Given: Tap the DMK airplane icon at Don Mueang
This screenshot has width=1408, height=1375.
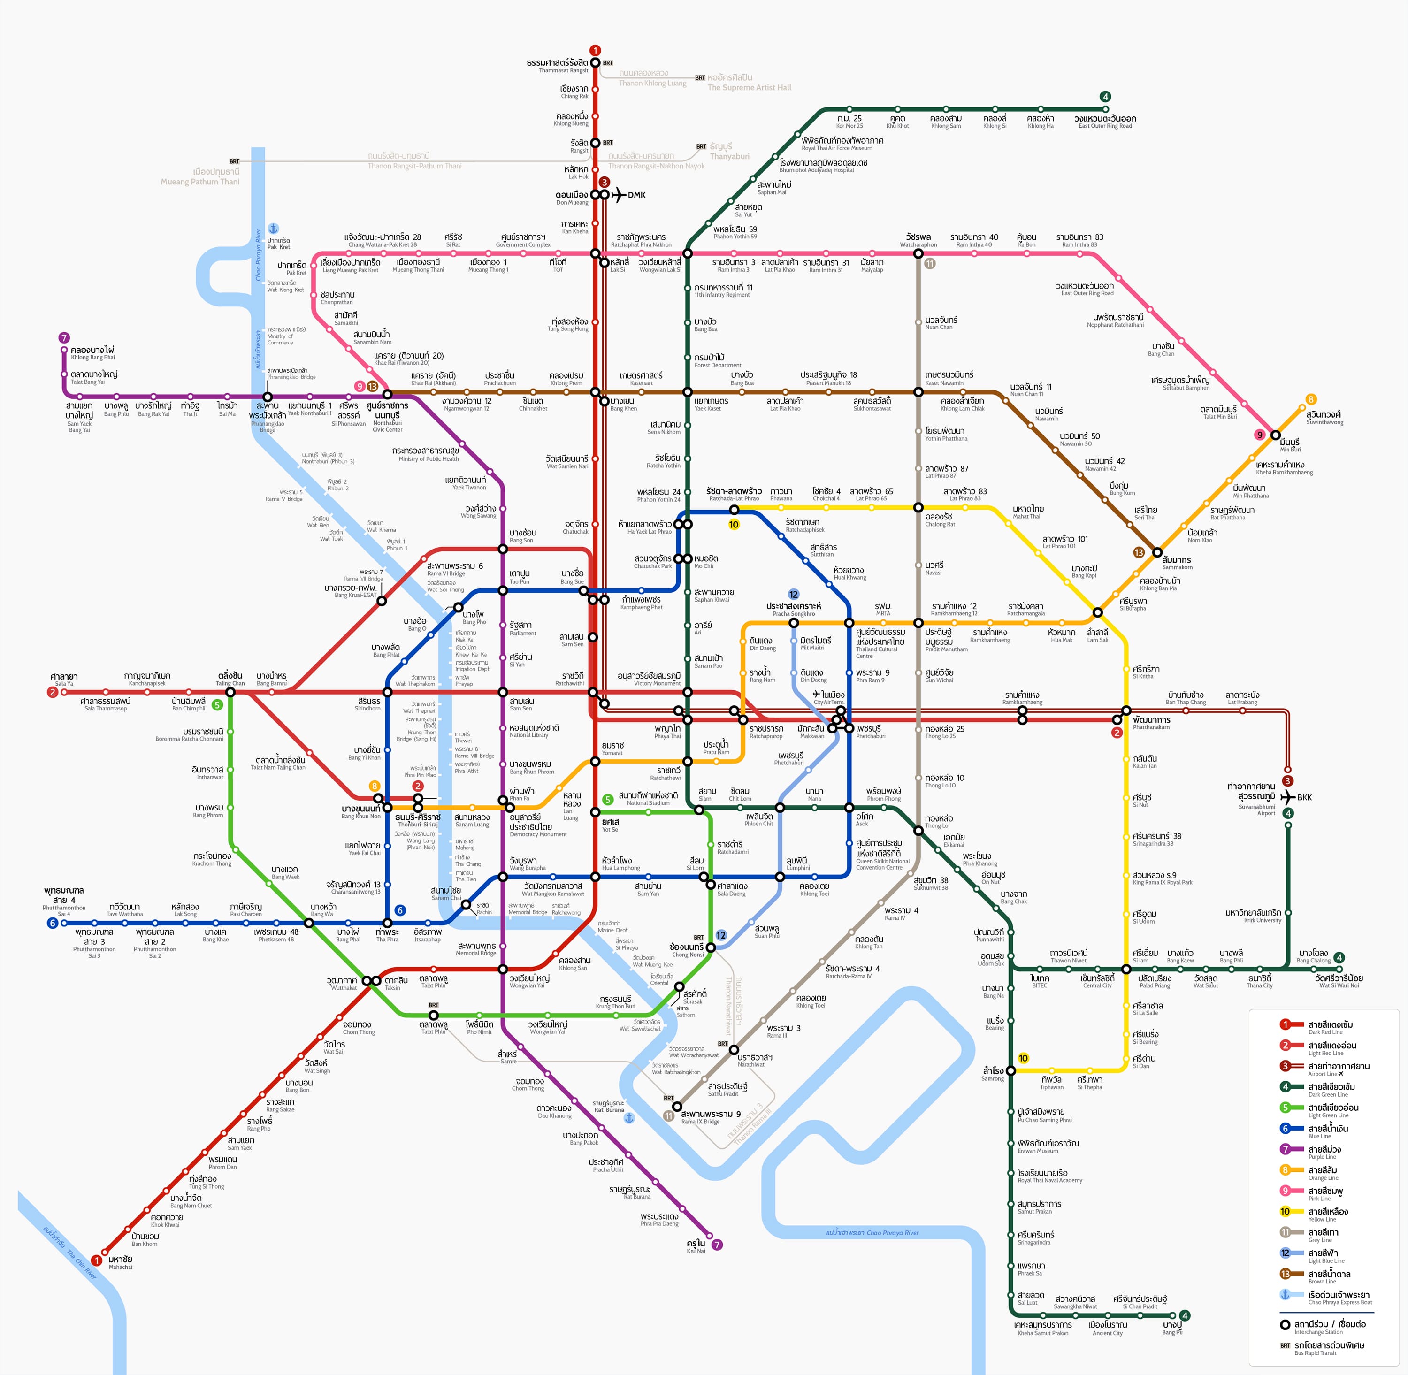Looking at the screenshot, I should [619, 195].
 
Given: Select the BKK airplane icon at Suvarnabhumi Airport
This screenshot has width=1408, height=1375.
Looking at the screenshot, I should [1287, 797].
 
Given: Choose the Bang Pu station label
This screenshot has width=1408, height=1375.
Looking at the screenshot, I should [1172, 1327].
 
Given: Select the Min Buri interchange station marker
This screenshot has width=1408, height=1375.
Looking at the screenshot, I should [1275, 435].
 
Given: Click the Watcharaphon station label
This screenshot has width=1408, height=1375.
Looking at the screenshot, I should [918, 240].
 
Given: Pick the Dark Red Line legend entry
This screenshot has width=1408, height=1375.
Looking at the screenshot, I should [1329, 1027].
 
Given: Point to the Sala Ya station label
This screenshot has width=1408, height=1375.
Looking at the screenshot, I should [64, 680].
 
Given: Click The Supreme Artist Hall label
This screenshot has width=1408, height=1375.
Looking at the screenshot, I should [749, 82].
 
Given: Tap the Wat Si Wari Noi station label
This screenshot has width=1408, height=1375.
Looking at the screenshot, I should [1338, 981].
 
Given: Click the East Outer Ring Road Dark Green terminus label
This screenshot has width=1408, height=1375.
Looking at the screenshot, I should [1105, 122].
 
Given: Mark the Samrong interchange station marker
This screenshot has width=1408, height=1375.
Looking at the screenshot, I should [1010, 1070].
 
